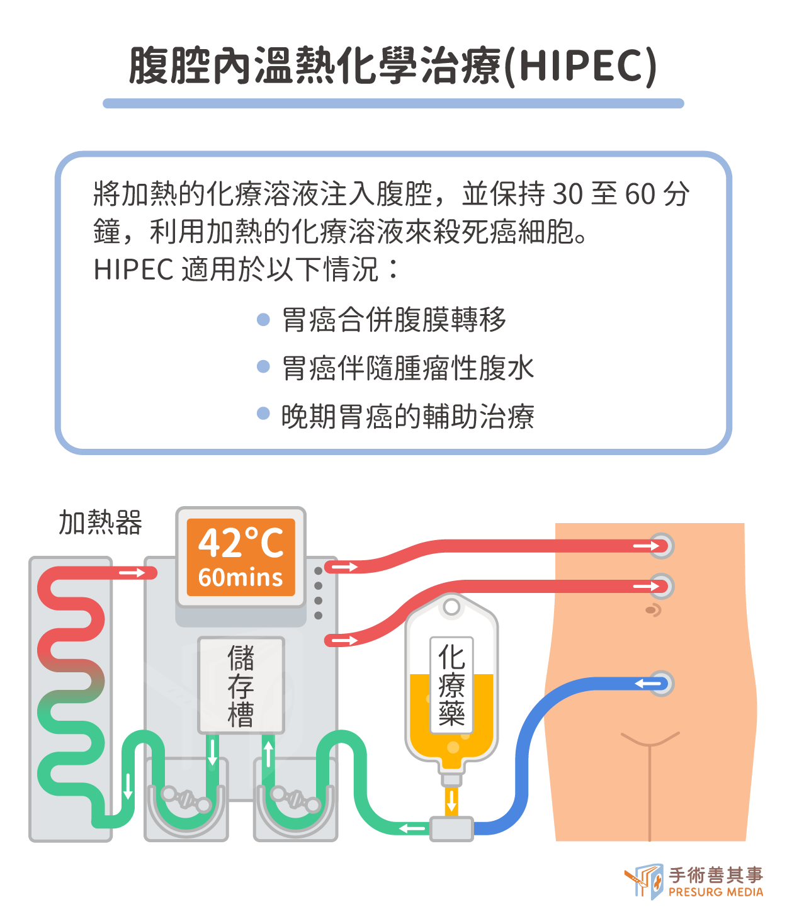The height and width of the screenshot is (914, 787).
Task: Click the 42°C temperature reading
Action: coord(241,543)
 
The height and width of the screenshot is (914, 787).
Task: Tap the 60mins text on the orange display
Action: coord(241,578)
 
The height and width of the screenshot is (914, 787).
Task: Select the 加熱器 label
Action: coord(101,522)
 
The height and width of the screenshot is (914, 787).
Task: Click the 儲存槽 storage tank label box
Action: coord(241,685)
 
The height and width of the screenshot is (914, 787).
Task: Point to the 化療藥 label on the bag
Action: coord(451,685)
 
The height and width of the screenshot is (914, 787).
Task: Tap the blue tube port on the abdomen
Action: coord(661,684)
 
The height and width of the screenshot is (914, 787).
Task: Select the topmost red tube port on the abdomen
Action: coord(661,546)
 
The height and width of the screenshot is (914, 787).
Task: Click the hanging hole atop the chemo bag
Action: coord(451,607)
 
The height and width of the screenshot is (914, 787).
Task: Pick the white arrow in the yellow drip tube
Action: coord(451,801)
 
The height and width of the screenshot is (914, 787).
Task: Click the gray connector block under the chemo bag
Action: coord(451,828)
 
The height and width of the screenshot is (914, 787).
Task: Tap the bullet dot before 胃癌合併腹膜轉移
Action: coord(264,320)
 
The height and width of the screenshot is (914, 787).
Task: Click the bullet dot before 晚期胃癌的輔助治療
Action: coord(264,414)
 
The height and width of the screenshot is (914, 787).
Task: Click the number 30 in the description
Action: coord(568,195)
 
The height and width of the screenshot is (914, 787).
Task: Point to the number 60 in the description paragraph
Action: coord(640,195)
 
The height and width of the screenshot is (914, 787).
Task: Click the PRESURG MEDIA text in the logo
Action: coord(716,892)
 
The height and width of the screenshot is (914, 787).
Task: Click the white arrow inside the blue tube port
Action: coord(648,684)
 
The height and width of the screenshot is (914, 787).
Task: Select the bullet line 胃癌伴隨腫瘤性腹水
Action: coord(407,368)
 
